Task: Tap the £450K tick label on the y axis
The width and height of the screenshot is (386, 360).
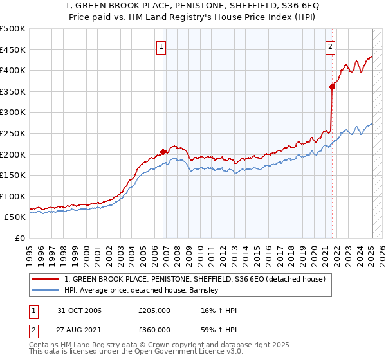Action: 13,50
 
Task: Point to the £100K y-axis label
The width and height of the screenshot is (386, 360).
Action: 13,196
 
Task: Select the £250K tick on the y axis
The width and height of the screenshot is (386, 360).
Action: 13,133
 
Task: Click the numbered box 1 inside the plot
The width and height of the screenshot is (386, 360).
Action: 160,46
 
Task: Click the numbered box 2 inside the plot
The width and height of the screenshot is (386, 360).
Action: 330,46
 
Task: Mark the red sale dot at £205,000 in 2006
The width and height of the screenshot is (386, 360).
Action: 163,152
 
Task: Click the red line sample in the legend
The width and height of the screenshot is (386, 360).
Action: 47,279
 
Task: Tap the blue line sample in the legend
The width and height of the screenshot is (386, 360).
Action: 47,290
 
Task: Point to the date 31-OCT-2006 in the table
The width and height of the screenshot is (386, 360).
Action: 80,310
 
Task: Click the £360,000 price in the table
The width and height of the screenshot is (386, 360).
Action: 154,329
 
